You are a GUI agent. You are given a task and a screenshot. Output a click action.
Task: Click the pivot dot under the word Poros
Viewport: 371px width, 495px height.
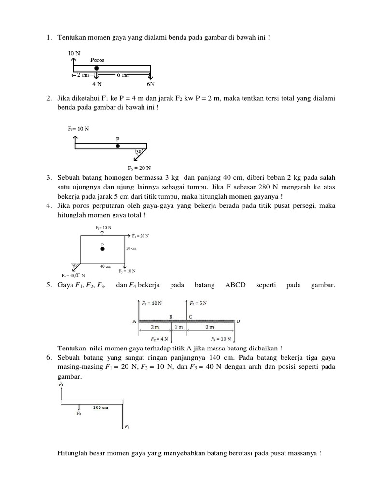(97, 68)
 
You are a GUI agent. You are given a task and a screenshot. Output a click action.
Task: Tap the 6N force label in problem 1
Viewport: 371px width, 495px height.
(151, 83)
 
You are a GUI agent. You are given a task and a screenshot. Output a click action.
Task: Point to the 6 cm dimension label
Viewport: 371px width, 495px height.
(123, 75)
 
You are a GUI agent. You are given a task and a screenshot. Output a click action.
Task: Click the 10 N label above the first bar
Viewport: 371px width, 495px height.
(74, 52)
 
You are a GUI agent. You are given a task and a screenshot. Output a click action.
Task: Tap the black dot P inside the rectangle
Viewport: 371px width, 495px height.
(102, 249)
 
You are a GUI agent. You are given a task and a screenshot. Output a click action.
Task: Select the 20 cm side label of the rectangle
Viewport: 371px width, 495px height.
(132, 248)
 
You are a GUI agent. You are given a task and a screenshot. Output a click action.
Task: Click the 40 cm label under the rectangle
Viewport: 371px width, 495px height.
(105, 266)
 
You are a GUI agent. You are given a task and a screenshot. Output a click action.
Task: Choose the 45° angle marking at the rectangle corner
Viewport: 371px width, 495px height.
(75, 265)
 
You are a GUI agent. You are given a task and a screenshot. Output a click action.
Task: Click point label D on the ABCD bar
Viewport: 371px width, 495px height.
(238, 320)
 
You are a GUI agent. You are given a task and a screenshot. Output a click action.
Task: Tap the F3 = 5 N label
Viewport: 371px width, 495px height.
(199, 303)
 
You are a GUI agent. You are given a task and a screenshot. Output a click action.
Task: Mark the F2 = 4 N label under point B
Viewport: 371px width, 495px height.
(160, 338)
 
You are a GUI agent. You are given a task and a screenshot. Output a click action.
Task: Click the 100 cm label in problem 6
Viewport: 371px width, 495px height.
(100, 408)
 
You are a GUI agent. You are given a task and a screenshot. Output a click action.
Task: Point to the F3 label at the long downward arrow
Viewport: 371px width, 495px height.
(127, 427)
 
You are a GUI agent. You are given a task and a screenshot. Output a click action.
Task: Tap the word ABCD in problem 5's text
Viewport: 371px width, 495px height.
(235, 286)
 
